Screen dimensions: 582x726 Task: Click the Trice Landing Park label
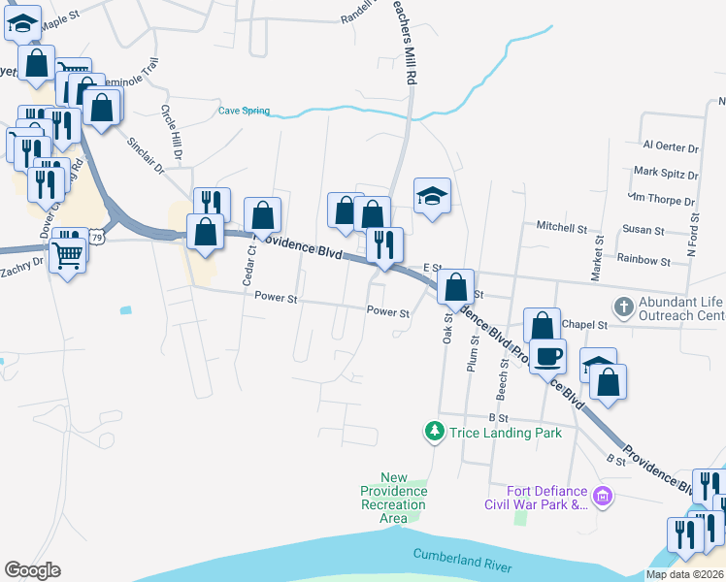(505, 432)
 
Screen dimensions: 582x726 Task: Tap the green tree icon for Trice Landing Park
(436, 430)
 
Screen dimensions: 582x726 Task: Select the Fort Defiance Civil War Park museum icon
(603, 497)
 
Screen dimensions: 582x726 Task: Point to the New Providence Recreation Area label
(393, 498)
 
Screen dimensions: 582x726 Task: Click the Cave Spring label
(244, 112)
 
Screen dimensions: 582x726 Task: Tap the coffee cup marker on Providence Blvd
(547, 355)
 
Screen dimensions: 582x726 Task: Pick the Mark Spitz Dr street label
(665, 173)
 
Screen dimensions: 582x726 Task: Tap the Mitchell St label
(562, 228)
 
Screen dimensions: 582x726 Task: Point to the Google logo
(32, 570)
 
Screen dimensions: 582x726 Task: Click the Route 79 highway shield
(95, 236)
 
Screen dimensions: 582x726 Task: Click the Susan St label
(643, 231)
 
